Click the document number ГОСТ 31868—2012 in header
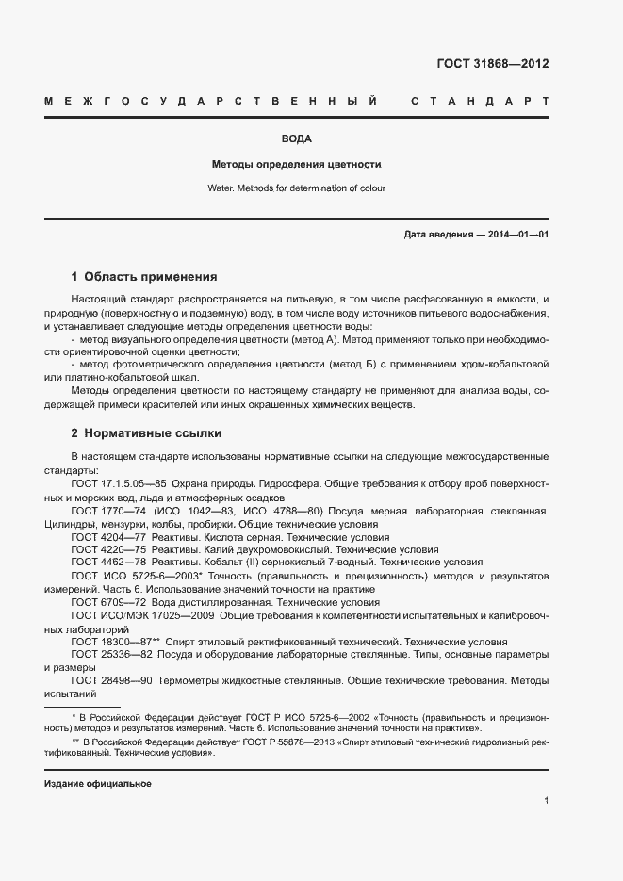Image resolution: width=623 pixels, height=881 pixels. click(492, 64)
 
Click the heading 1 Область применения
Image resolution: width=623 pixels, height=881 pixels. click(144, 277)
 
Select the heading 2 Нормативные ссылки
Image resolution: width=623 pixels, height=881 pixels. click(146, 433)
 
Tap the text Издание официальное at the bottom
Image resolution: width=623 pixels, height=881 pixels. click(98, 784)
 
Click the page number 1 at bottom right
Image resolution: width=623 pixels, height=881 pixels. click(546, 801)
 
